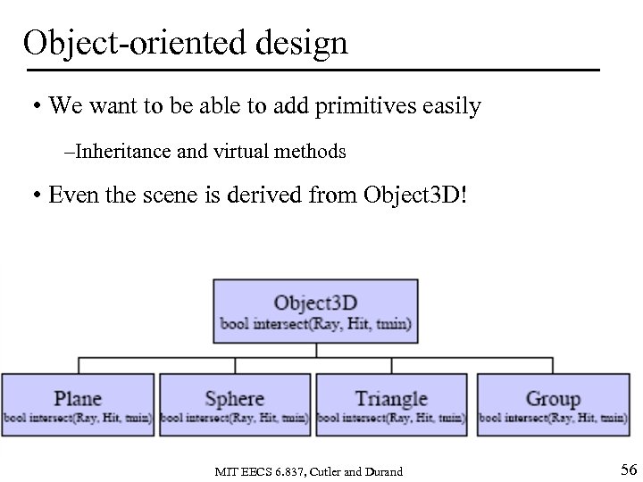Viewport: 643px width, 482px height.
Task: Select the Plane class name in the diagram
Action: click(78, 398)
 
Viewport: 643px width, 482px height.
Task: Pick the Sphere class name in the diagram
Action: click(234, 398)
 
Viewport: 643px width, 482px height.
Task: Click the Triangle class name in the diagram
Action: click(391, 398)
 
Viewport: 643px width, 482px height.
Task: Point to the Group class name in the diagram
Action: click(553, 398)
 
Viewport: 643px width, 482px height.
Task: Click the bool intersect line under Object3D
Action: click(315, 324)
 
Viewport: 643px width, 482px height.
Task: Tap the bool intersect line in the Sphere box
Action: click(234, 418)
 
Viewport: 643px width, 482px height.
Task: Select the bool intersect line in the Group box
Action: click(553, 418)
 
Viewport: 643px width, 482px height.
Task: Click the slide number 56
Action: click(627, 470)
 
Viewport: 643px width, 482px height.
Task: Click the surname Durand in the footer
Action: click(383, 471)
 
